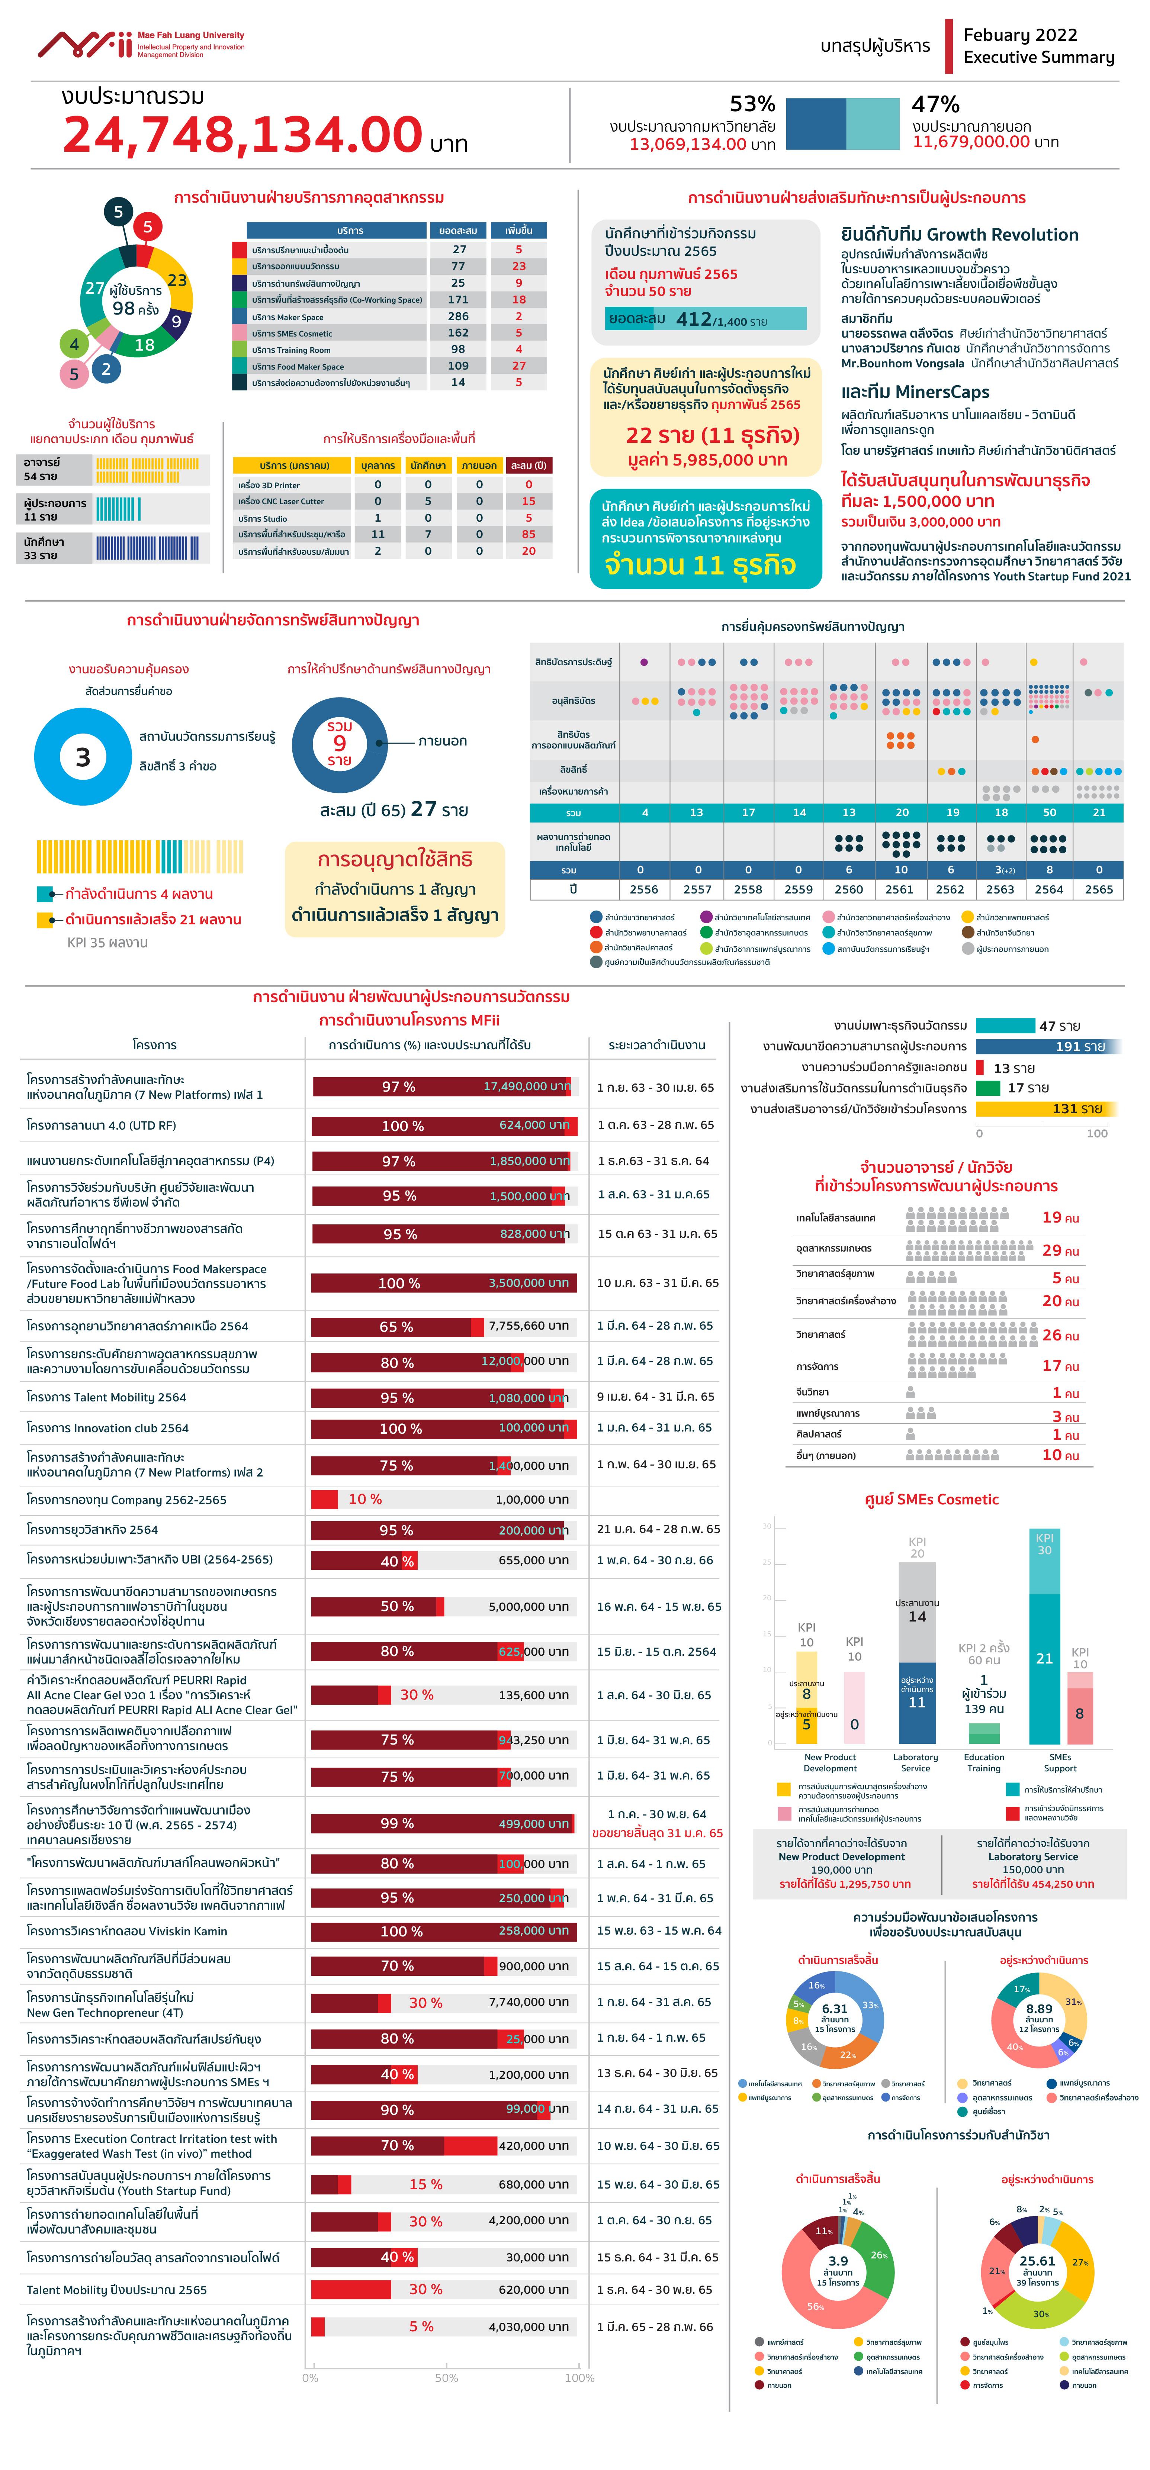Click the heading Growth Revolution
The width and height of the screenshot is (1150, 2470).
coord(1002,235)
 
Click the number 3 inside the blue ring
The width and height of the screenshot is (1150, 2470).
coord(83,757)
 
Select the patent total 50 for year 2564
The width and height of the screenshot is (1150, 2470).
coord(1049,812)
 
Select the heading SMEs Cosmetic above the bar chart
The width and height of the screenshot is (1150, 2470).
coord(931,1500)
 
